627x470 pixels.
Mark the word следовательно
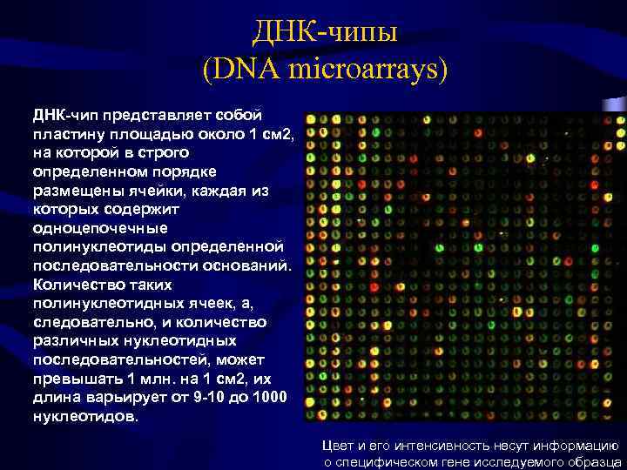pos(96,322)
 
